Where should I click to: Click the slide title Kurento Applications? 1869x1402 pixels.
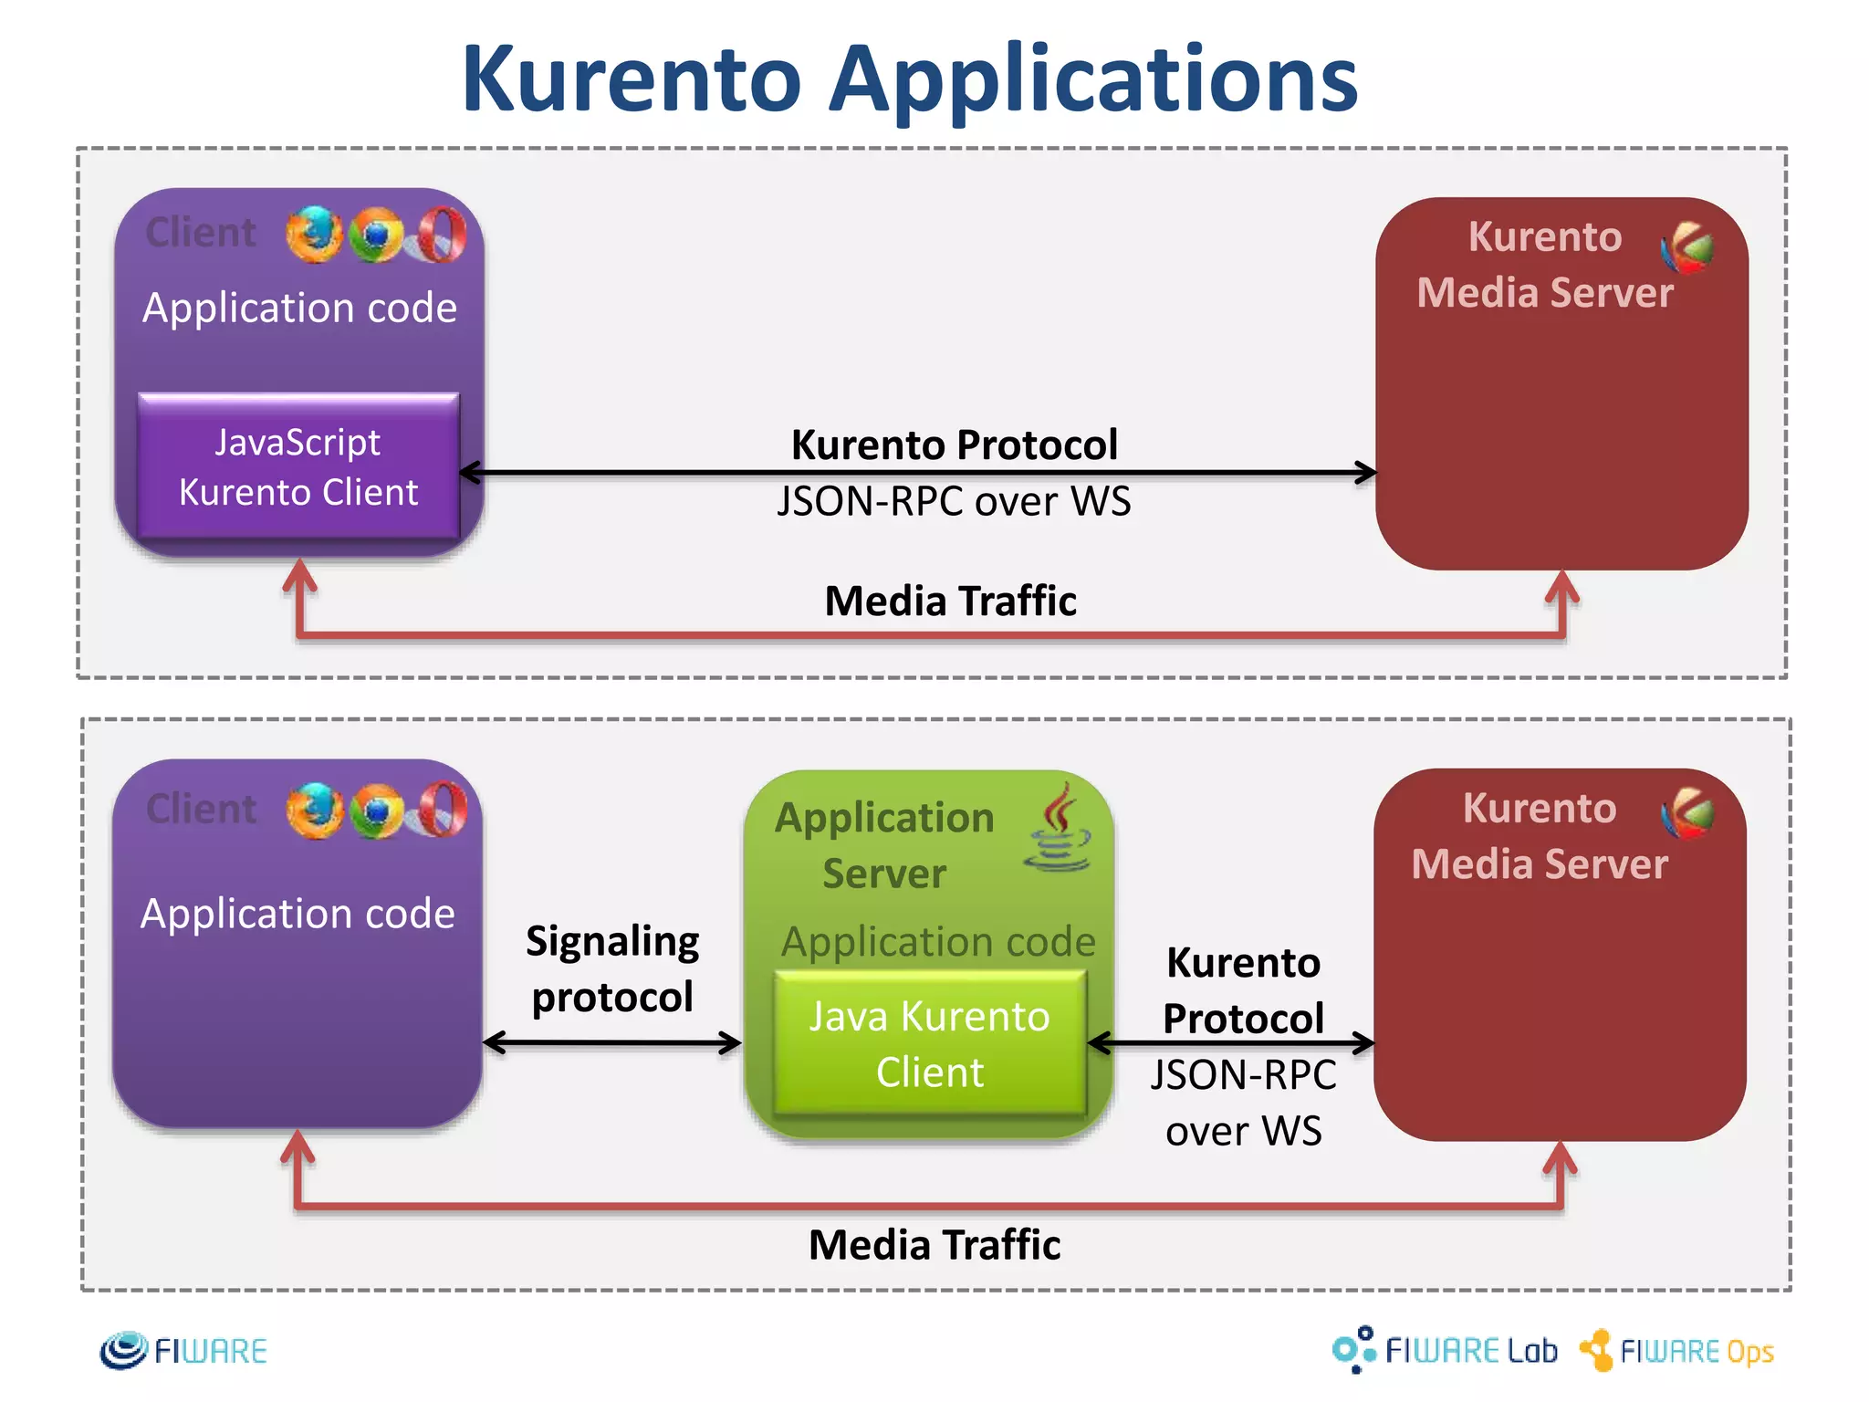(x=909, y=80)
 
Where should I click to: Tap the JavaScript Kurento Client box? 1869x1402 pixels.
(x=298, y=466)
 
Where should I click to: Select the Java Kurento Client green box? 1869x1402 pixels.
(x=930, y=1043)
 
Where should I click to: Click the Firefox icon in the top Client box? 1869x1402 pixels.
(x=314, y=235)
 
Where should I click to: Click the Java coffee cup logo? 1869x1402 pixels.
(x=1059, y=829)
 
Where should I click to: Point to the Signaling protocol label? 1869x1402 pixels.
(x=612, y=968)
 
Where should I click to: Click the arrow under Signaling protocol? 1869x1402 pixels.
(x=612, y=1042)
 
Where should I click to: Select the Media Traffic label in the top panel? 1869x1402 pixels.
(x=950, y=601)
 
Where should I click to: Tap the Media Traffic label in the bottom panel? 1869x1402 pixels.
(x=934, y=1245)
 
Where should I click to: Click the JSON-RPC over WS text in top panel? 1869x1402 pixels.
(x=954, y=501)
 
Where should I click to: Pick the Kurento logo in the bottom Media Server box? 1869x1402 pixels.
(x=1687, y=813)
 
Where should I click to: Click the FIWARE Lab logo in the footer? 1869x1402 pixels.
(x=1445, y=1350)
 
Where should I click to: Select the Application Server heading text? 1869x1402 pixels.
(x=884, y=845)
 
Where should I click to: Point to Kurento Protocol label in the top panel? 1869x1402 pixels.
(x=954, y=445)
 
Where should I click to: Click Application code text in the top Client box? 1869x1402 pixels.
(x=299, y=308)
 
